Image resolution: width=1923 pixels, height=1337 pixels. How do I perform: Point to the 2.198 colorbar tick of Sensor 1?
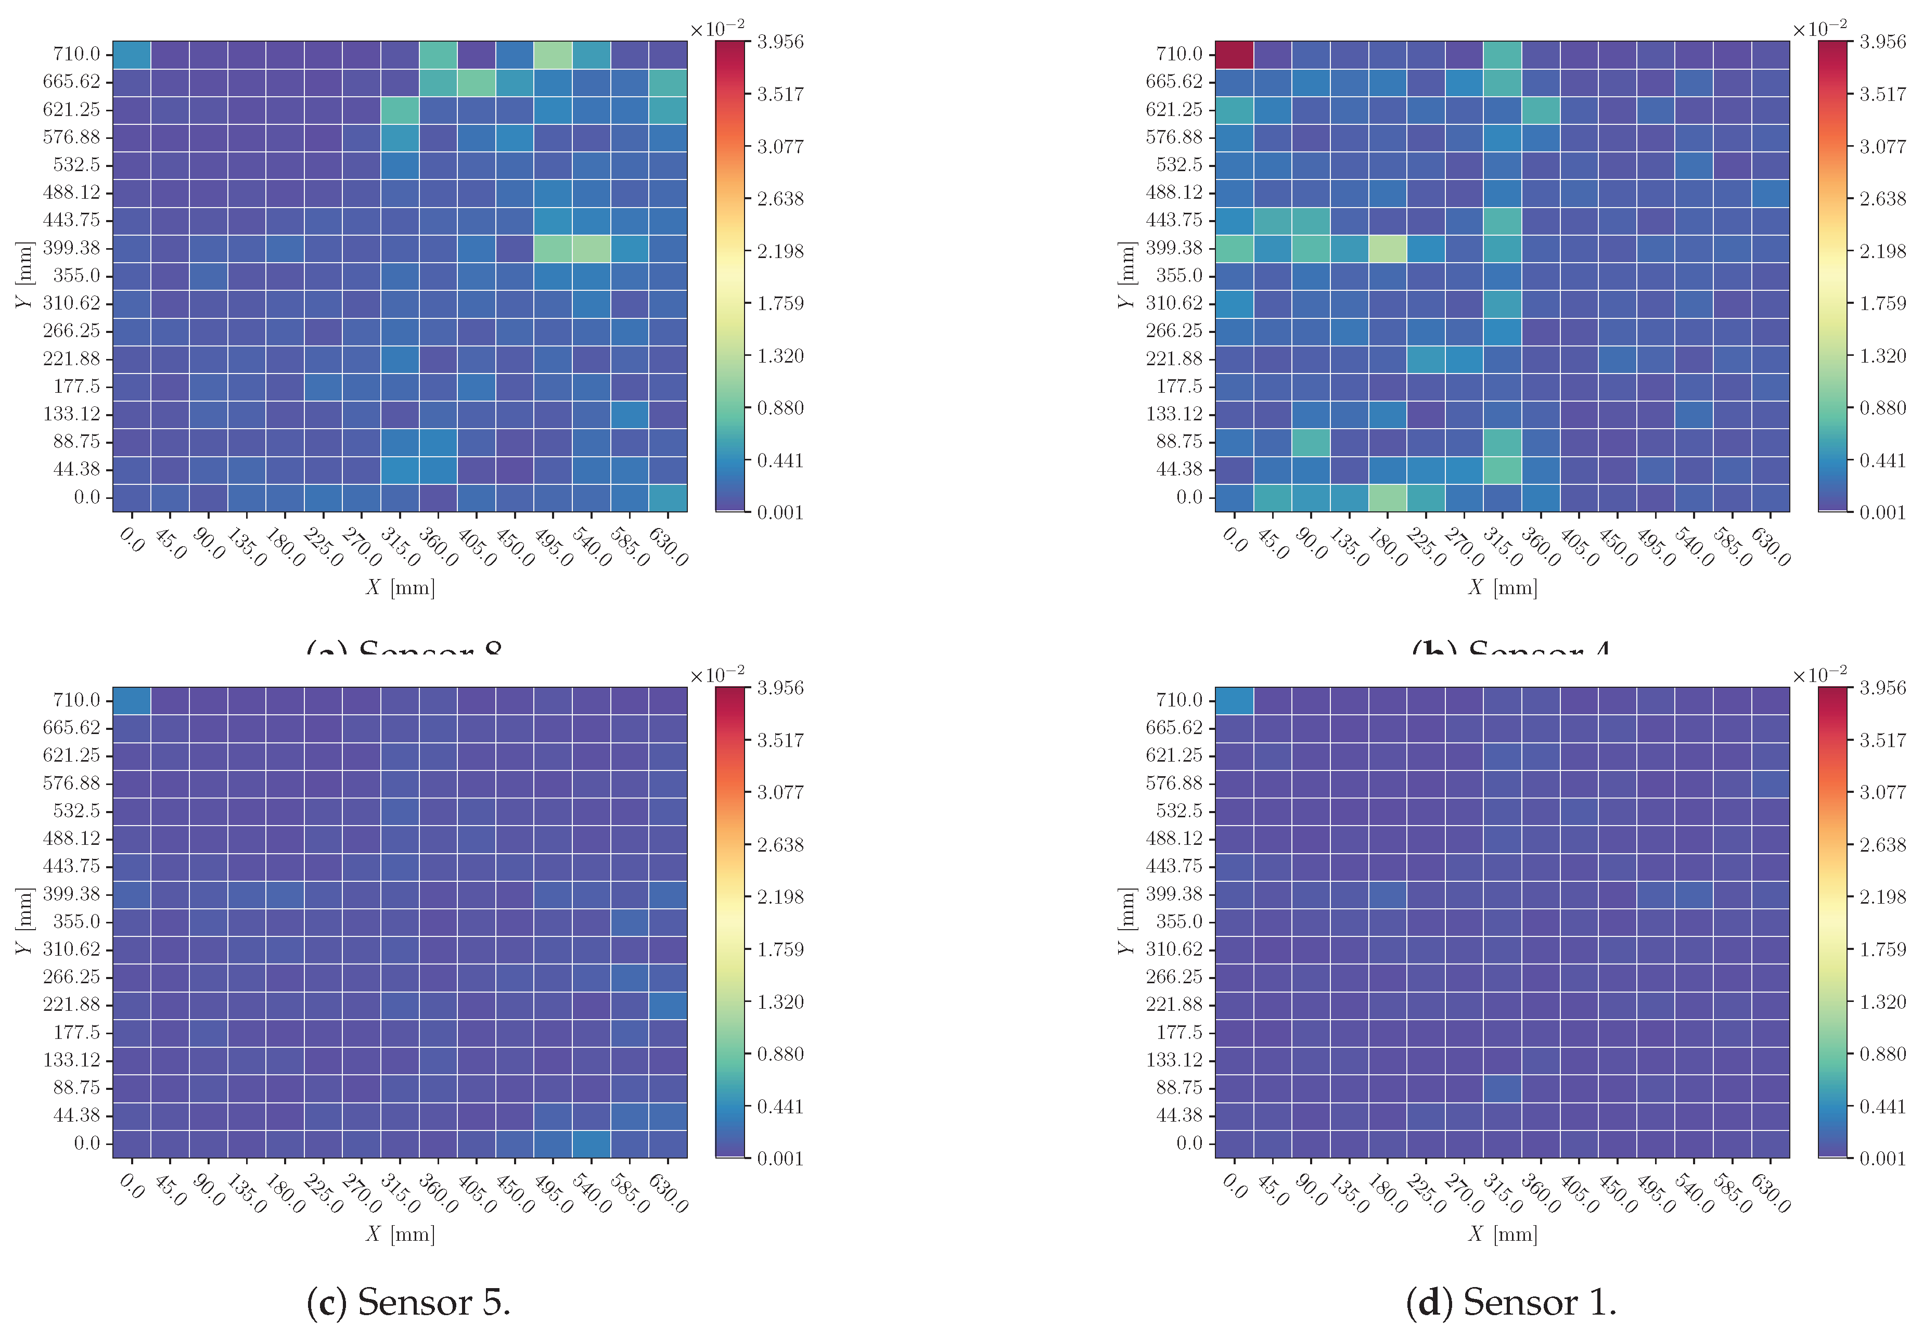coord(1882,897)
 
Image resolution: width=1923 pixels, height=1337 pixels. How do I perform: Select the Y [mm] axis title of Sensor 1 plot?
coord(1126,921)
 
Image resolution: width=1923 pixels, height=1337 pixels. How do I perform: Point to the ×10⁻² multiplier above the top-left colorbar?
coord(717,29)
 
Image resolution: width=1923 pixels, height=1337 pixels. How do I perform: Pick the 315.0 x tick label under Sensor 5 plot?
coord(400,1193)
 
